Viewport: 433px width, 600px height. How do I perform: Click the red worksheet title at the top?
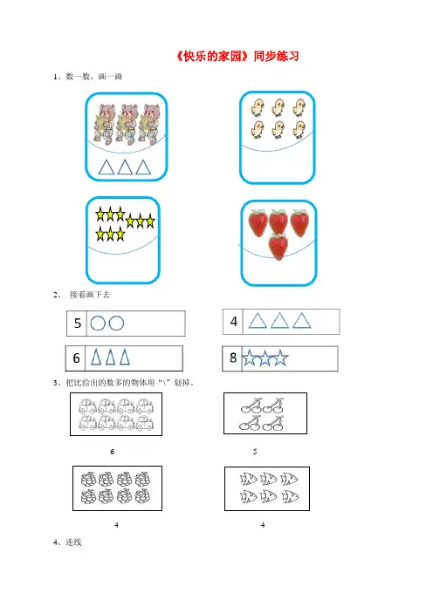237,56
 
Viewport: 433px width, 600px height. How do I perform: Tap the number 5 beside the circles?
78,324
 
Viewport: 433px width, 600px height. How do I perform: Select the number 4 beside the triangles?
234,322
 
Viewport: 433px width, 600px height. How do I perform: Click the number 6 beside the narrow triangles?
76,358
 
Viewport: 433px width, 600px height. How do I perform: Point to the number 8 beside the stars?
233,358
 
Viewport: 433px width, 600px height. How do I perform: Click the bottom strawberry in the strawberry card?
278,247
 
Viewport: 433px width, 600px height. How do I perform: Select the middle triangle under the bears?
125,167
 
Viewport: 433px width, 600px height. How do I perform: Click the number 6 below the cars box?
112,452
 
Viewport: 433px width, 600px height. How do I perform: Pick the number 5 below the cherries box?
255,452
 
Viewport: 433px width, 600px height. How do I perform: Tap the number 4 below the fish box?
263,525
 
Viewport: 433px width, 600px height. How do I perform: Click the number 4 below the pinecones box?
116,525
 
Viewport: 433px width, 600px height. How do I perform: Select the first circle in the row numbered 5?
98,324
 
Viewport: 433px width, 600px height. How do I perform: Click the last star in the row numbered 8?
280,358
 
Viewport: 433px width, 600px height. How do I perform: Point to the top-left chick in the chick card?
258,107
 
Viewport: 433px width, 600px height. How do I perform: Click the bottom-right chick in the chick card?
299,129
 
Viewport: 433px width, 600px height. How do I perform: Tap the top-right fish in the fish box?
289,478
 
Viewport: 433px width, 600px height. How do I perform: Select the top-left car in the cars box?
88,406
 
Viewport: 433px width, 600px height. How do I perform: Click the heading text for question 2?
90,294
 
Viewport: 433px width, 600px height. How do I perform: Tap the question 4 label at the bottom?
67,542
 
